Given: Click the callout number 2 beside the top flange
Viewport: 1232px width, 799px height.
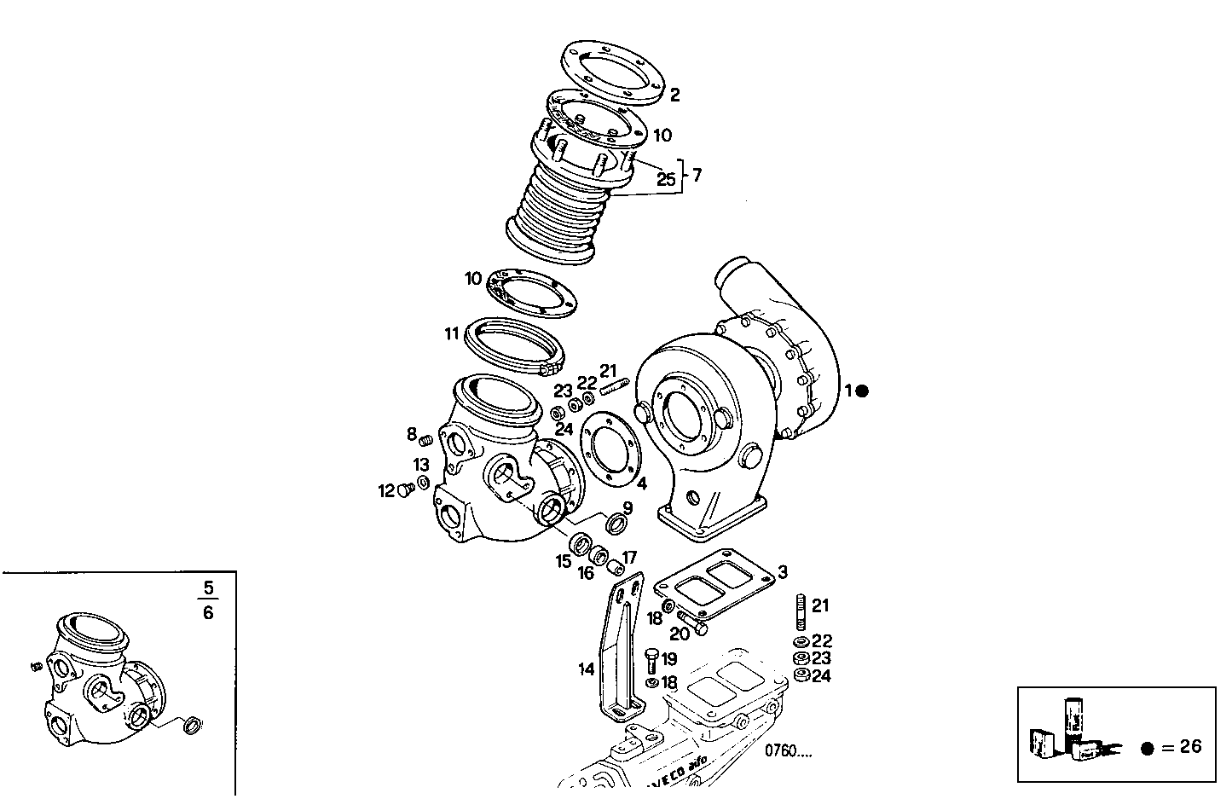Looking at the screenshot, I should tap(674, 96).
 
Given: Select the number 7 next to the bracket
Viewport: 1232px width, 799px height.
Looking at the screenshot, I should tap(697, 176).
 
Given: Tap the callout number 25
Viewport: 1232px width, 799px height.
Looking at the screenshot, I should tap(666, 179).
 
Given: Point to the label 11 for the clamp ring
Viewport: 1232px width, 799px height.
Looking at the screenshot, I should tap(452, 333).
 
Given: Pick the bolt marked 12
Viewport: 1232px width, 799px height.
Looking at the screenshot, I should tap(407, 489).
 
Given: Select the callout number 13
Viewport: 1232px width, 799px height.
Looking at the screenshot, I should tap(421, 465).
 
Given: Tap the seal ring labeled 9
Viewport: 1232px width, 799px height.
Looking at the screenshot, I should tap(617, 521).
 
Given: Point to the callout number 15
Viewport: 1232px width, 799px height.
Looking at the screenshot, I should tap(564, 561).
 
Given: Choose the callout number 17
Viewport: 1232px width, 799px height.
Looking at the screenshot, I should tap(629, 558).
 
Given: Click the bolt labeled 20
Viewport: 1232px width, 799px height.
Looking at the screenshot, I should tap(693, 623).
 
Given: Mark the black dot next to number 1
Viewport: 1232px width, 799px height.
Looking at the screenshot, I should tap(862, 391).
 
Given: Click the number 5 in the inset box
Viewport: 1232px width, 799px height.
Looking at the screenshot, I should tap(209, 588).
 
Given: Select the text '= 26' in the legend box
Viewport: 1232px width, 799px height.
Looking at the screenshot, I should tap(1183, 747).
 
